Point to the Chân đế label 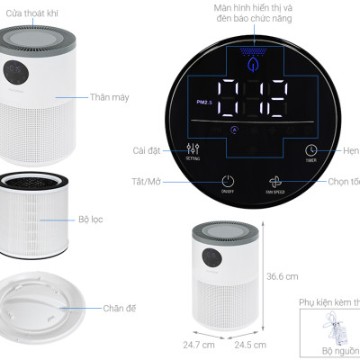point(119,309)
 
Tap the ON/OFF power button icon point(227,182)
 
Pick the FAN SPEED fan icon point(275,181)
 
